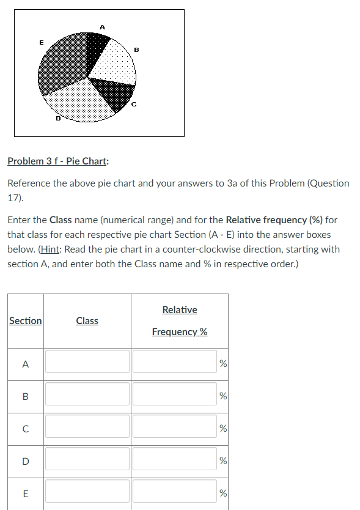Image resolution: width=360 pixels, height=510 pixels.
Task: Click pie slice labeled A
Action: pyautogui.click(x=97, y=49)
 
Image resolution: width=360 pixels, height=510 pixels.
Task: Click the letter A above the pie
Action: pyautogui.click(x=102, y=27)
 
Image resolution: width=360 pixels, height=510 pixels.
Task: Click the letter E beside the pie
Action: pyautogui.click(x=41, y=42)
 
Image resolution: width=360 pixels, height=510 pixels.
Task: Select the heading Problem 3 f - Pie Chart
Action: pyautogui.click(x=58, y=161)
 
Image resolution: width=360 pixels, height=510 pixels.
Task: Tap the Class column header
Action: pyautogui.click(x=87, y=320)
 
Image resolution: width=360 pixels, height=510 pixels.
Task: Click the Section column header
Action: pyautogui.click(x=26, y=320)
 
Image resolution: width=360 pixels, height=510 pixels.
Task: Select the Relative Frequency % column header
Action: pyautogui.click(x=179, y=320)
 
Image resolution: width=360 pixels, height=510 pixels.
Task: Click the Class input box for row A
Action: pyautogui.click(x=87, y=361)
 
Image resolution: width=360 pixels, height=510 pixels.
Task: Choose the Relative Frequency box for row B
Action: pyautogui.click(x=174, y=394)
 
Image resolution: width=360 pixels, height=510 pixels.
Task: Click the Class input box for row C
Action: pyautogui.click(x=87, y=426)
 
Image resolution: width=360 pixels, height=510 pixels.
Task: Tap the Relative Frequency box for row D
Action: pyautogui.click(x=174, y=459)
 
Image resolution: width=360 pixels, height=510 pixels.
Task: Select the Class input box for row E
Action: pyautogui.click(x=87, y=492)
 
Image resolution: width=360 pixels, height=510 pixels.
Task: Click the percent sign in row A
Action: pyautogui.click(x=223, y=364)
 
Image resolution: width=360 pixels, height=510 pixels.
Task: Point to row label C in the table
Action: pyautogui.click(x=25, y=427)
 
